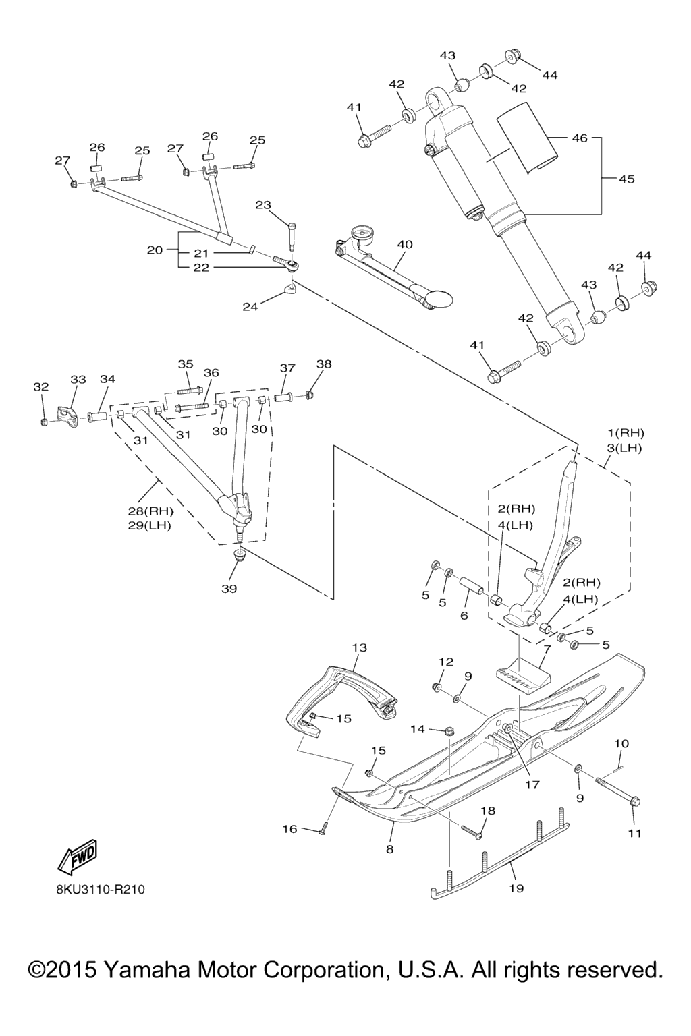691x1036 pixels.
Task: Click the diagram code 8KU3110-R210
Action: coord(101,890)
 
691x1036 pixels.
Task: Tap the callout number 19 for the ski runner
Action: coord(516,888)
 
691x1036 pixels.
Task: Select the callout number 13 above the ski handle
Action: coord(359,648)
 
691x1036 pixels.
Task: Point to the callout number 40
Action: coord(405,245)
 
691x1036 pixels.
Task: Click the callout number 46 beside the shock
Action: coord(580,138)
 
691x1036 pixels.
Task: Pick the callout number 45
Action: coord(626,179)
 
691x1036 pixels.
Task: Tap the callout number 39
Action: coord(229,589)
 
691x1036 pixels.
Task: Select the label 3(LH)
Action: coord(625,448)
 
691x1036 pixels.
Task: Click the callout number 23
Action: coord(262,205)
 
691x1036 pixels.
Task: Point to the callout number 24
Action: coord(250,307)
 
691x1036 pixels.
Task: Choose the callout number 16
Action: coord(289,829)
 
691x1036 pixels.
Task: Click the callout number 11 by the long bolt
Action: coord(634,834)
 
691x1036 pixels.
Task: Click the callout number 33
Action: coord(78,380)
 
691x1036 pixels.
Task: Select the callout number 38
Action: coord(324,364)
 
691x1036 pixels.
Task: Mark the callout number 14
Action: coord(418,729)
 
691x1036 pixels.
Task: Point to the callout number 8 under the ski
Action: coord(389,850)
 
